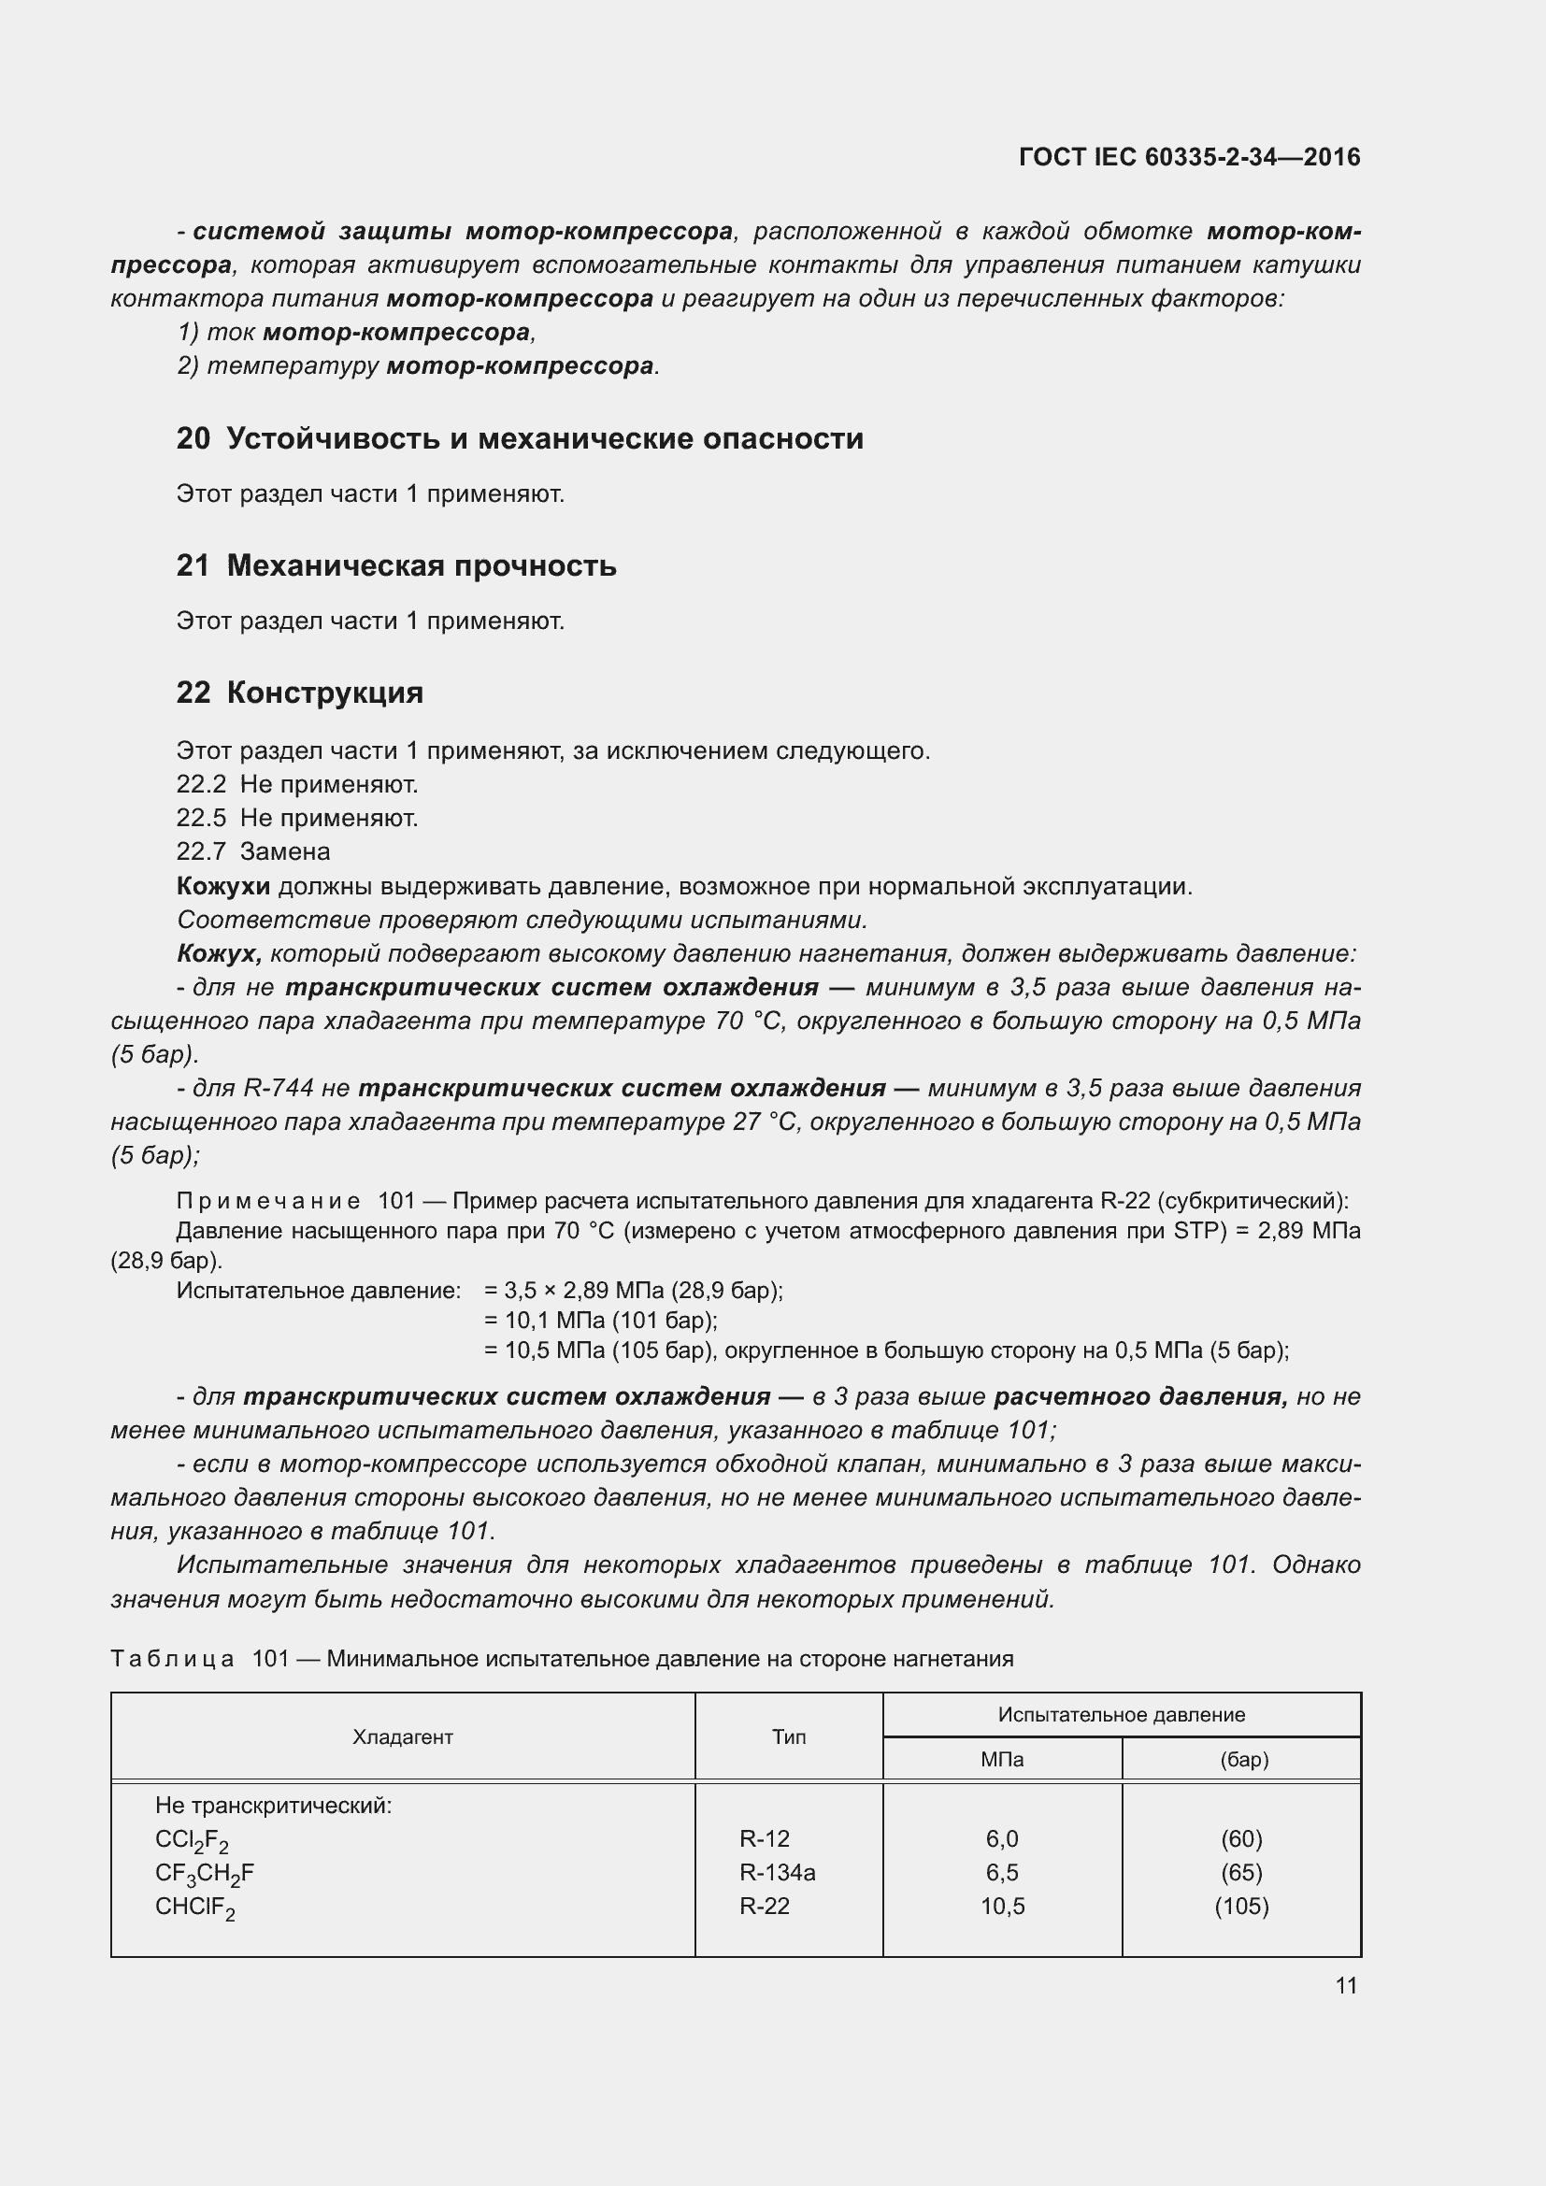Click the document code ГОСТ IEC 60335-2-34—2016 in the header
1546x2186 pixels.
point(1189,157)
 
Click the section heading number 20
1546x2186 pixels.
point(193,439)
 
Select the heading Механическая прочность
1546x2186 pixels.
point(422,566)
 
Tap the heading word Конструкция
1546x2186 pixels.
point(324,693)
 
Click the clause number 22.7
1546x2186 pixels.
point(201,852)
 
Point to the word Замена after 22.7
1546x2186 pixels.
point(285,852)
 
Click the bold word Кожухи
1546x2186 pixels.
point(223,887)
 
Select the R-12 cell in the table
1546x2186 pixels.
point(765,1838)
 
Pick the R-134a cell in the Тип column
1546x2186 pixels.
point(777,1873)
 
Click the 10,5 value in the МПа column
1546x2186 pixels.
point(1002,1906)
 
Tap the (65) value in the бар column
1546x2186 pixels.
point(1241,1873)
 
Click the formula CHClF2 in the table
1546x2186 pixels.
point(194,1907)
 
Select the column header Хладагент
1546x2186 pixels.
point(403,1736)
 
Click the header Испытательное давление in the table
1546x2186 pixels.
point(1122,1715)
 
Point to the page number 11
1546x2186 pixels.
point(1346,1986)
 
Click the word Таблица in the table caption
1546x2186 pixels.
point(172,1659)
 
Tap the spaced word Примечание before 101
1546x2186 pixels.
point(268,1201)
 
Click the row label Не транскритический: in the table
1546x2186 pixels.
point(273,1806)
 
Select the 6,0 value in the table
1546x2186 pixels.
point(1002,1838)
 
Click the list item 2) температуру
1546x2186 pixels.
point(278,366)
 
